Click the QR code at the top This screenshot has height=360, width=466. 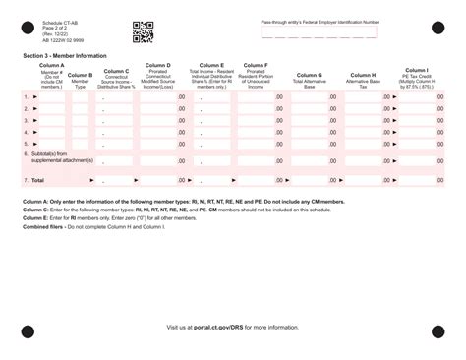(143, 32)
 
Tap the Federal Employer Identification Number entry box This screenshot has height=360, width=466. (319, 32)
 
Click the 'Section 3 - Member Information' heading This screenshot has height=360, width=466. (64, 56)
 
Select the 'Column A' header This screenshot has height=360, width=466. (52, 66)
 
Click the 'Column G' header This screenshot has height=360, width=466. (309, 75)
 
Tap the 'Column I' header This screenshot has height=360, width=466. (415, 70)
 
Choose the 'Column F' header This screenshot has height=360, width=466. (258, 66)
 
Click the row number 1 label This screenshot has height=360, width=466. (26, 97)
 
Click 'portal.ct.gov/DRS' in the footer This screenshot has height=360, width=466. (226, 326)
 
